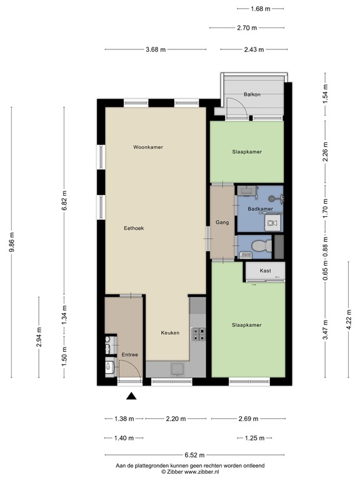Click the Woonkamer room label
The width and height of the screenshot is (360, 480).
(x=148, y=147)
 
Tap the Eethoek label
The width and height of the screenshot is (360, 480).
(x=134, y=228)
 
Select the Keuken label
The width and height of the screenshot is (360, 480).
(x=170, y=332)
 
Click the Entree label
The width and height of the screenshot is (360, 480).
(x=129, y=355)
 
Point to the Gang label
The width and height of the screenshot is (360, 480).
(x=221, y=222)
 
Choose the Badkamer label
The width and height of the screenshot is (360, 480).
(x=259, y=209)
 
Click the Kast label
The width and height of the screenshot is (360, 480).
(x=265, y=271)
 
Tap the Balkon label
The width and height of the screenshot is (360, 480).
(x=252, y=94)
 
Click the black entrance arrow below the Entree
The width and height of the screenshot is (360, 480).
(x=131, y=395)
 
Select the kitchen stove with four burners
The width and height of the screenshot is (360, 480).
(x=198, y=334)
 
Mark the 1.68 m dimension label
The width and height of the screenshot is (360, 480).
(x=259, y=9)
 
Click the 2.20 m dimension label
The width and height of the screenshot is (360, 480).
(x=175, y=420)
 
